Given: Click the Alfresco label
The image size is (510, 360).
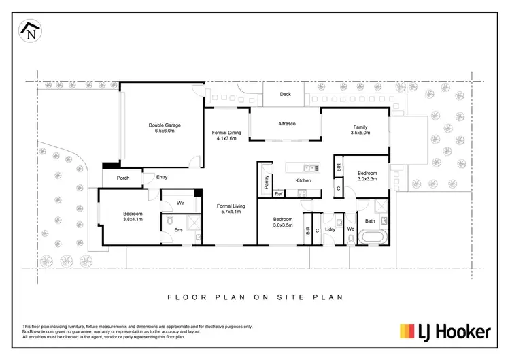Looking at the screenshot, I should [286, 124].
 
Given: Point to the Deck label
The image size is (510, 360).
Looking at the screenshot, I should [286, 95].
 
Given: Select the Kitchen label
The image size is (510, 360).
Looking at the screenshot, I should [303, 180].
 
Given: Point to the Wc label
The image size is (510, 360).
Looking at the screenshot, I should [351, 229].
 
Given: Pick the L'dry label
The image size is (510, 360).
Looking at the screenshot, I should [330, 229].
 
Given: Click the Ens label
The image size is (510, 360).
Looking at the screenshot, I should [178, 230].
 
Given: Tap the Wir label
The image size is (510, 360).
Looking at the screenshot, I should [182, 203].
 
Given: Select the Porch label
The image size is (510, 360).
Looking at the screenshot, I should [123, 178].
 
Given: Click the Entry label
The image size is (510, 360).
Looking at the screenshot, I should [162, 177].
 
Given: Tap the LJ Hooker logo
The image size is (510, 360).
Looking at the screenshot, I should [445, 331].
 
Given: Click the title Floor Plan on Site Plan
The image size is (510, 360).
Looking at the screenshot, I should [255, 297].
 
